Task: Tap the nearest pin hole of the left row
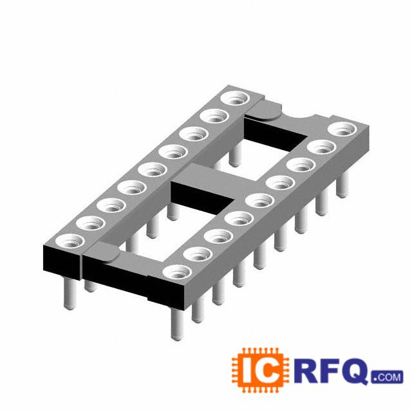(x=70, y=241)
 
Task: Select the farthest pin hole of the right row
(x=342, y=129)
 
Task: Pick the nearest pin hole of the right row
(x=178, y=272)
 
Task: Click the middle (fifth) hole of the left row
(x=153, y=169)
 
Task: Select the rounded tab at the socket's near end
(x=102, y=253)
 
